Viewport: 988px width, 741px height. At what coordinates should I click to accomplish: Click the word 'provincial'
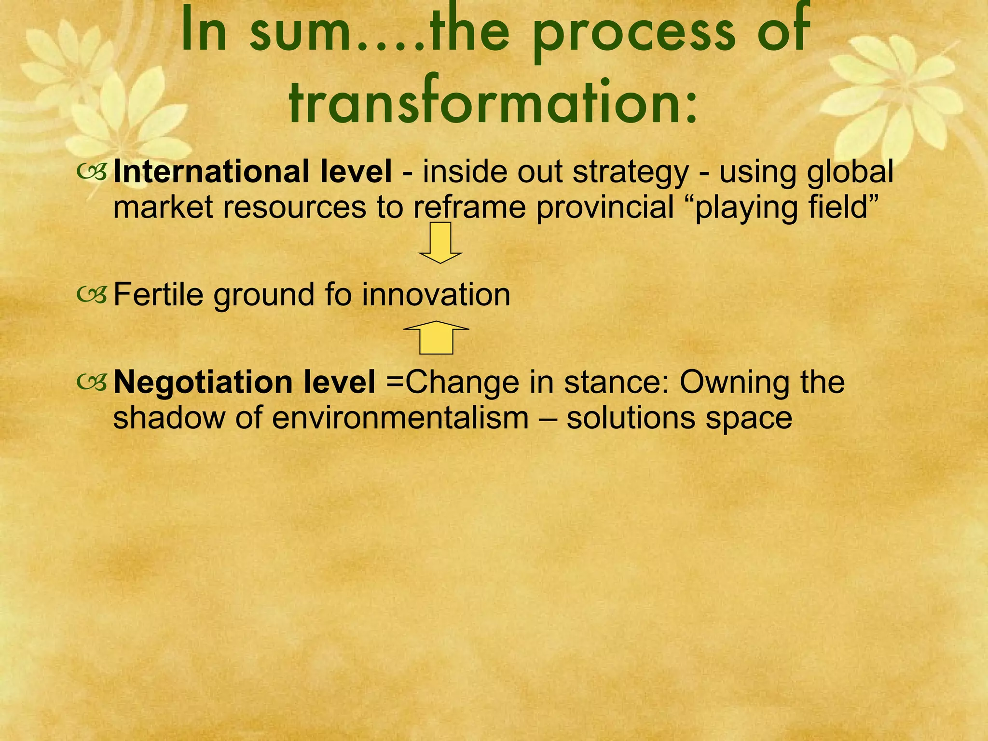point(605,207)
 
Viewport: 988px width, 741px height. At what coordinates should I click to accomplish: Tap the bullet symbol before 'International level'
point(91,172)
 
